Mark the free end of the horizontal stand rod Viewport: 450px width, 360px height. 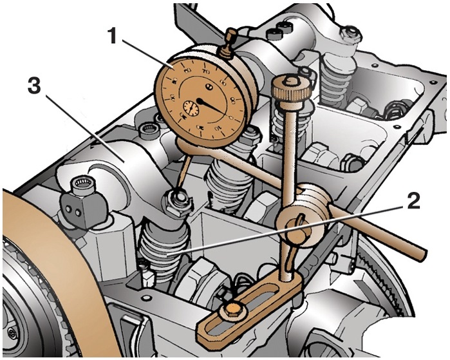coord(418,254)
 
